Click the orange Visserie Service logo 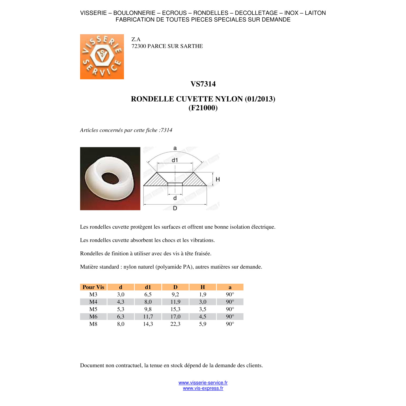(x=102, y=57)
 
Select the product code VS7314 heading (x=203, y=84)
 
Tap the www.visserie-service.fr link (x=203, y=382)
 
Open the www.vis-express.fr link (x=203, y=388)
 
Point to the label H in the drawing (x=218, y=179)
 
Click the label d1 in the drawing (x=175, y=160)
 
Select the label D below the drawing (x=175, y=208)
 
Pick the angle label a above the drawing (x=175, y=148)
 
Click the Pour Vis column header (x=93, y=287)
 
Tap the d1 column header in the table (x=148, y=287)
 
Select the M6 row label (x=93, y=316)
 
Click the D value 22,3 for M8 (x=175, y=324)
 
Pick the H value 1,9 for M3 (x=203, y=294)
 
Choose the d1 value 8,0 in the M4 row (x=148, y=302)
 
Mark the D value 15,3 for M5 (x=175, y=309)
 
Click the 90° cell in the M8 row (x=230, y=324)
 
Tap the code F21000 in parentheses (x=203, y=108)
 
